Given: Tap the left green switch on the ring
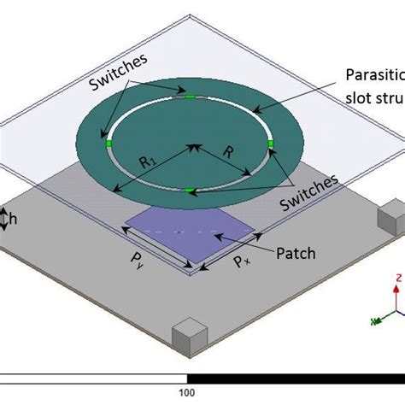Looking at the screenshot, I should click(x=109, y=144).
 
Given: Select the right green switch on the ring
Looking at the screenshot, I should click(x=270, y=143).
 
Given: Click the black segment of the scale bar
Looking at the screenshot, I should click(x=295, y=378).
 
